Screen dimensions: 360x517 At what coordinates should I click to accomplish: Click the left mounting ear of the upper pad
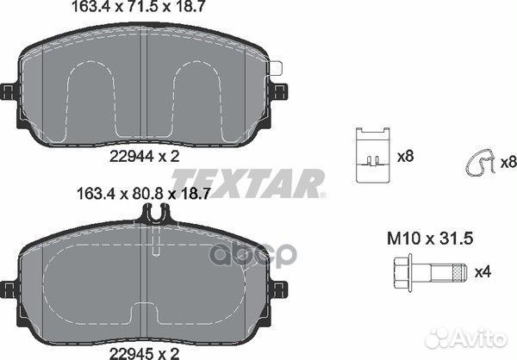(x=9, y=91)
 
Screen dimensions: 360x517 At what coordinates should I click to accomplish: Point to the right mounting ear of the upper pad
(x=282, y=90)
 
